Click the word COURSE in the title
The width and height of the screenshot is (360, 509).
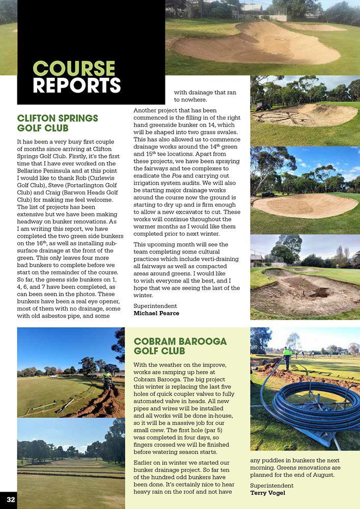pyautogui.click(x=74, y=69)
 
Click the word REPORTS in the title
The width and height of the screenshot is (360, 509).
pyautogui.click(x=77, y=86)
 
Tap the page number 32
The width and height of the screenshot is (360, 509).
pyautogui.click(x=11, y=500)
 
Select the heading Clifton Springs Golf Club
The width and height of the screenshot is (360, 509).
pyautogui.click(x=58, y=123)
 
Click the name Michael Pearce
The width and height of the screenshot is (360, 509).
pyautogui.click(x=156, y=313)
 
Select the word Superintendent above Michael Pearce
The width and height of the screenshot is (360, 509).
pyautogui.click(x=155, y=305)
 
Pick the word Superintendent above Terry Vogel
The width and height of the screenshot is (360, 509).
pyautogui.click(x=272, y=486)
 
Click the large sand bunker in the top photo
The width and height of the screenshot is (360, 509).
pyautogui.click(x=255, y=46)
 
